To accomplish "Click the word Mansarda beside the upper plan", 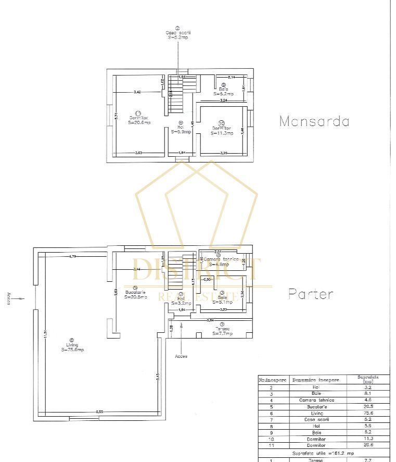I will [x=314, y=121].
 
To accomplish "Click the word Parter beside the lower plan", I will [x=311, y=294].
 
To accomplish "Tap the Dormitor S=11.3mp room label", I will [x=222, y=130].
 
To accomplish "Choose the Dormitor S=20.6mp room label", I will [x=139, y=119].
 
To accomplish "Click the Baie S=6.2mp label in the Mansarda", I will [x=223, y=91].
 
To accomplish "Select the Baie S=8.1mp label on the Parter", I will [x=222, y=298].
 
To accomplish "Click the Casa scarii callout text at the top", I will [x=177, y=35].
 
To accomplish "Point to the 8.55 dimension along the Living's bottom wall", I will [x=99, y=412].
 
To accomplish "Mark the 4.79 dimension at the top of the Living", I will [x=73, y=256].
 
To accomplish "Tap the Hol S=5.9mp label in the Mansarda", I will [x=181, y=129].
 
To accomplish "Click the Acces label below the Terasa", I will [x=181, y=356].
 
